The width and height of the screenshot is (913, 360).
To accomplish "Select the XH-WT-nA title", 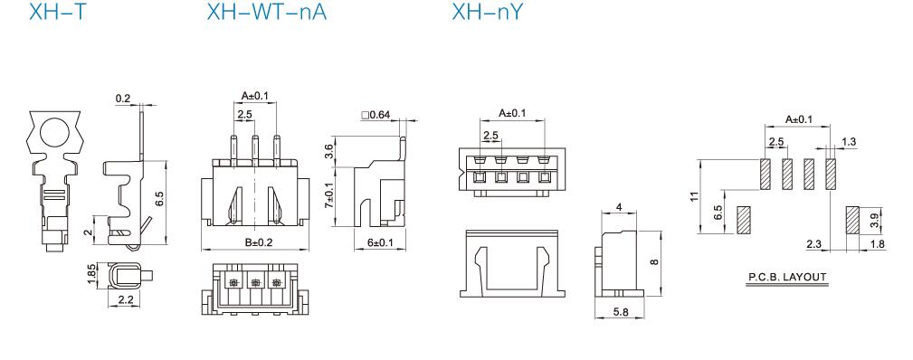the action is (x=267, y=12).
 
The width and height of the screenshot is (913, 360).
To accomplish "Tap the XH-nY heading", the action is (x=488, y=12).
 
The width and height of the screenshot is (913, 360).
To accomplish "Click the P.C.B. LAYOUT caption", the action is (x=787, y=278).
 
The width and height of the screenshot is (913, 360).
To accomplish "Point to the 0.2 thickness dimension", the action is (x=123, y=99).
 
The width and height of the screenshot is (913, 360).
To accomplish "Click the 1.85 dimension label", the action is (x=90, y=275).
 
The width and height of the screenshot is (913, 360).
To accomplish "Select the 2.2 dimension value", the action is (x=125, y=300).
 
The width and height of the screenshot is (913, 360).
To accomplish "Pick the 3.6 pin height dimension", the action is (x=329, y=151).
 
